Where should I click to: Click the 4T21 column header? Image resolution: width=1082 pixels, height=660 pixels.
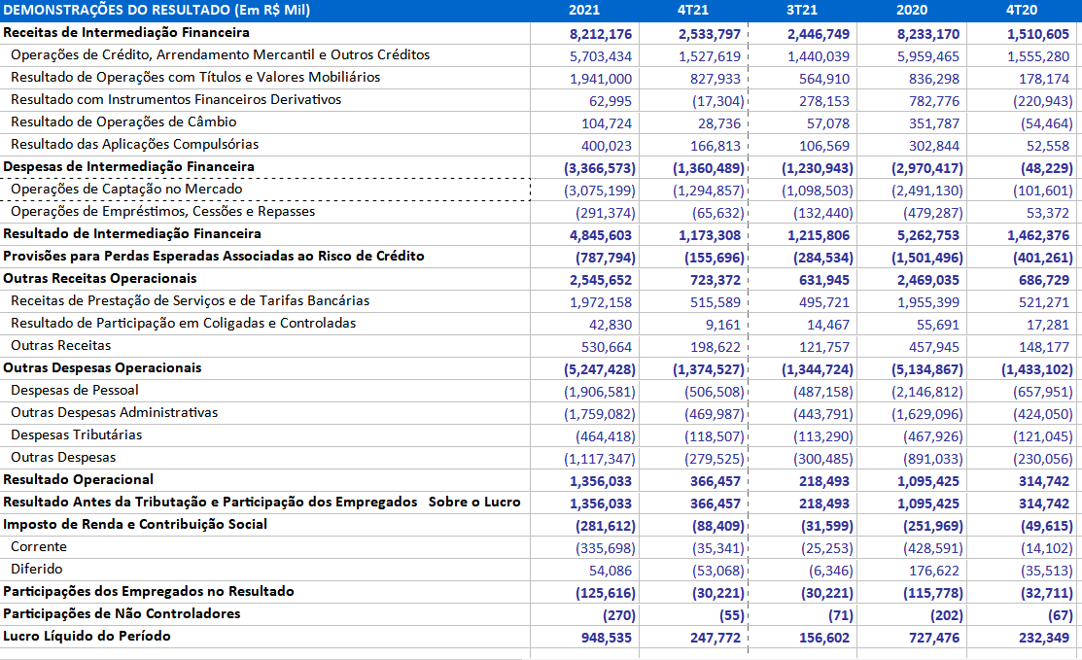tap(693, 11)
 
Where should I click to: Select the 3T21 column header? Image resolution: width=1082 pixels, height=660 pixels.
tap(802, 11)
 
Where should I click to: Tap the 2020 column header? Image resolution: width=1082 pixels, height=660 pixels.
tap(912, 11)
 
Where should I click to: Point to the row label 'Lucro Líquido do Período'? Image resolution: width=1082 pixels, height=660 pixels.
tap(87, 636)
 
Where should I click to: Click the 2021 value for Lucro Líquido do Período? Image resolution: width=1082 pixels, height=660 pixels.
tap(606, 638)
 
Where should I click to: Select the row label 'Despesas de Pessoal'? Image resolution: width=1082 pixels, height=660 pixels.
tap(75, 391)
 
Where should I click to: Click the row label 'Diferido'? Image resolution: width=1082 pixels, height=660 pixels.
tap(37, 569)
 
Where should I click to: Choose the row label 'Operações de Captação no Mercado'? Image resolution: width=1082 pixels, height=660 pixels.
tap(126, 189)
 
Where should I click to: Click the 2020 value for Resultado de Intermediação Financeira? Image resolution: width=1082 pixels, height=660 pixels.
tap(928, 235)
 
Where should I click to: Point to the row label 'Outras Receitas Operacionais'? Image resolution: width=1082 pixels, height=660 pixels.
tap(100, 279)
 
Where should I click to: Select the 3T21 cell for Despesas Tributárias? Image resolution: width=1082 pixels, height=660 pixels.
tap(823, 436)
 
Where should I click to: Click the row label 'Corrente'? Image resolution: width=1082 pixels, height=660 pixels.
tap(39, 547)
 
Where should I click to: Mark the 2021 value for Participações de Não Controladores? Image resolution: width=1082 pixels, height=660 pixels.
tap(619, 615)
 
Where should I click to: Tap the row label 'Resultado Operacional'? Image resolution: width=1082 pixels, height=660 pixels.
tap(78, 479)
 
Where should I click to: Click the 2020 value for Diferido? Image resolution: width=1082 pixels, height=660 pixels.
tap(933, 571)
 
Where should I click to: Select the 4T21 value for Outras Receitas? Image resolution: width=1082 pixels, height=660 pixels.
tap(716, 347)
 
